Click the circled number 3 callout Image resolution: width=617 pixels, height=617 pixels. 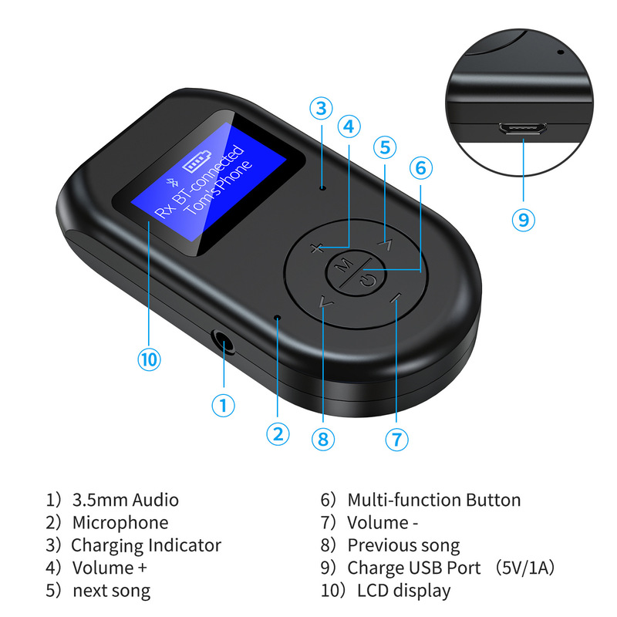(322, 109)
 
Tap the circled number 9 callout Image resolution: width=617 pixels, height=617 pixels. (523, 218)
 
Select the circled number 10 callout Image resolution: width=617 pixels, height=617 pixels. (149, 359)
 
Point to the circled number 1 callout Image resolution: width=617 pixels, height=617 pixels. (223, 405)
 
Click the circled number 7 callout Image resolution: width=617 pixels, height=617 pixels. (396, 439)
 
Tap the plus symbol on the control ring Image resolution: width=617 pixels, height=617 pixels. (315, 248)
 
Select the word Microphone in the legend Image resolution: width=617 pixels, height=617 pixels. (120, 523)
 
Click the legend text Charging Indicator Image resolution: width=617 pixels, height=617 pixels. (146, 545)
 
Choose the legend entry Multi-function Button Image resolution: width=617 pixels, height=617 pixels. (433, 500)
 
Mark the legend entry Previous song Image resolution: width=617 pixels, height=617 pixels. (403, 545)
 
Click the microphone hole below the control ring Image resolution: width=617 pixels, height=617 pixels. (278, 318)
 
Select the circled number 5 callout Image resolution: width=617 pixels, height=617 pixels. (386, 147)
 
